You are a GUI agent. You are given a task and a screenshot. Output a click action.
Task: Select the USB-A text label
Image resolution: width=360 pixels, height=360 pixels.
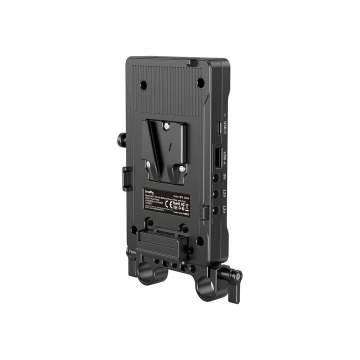coord(225,157)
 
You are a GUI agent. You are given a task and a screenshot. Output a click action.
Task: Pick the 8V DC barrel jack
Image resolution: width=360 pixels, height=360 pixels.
coord(216,176)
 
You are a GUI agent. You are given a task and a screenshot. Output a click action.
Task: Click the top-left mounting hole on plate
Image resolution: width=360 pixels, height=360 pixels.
coord(143,85)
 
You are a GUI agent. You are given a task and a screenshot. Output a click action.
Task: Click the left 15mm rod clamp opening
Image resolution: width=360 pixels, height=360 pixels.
coord(147,274)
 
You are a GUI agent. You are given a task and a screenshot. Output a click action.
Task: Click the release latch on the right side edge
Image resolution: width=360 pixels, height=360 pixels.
coord(204,212)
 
